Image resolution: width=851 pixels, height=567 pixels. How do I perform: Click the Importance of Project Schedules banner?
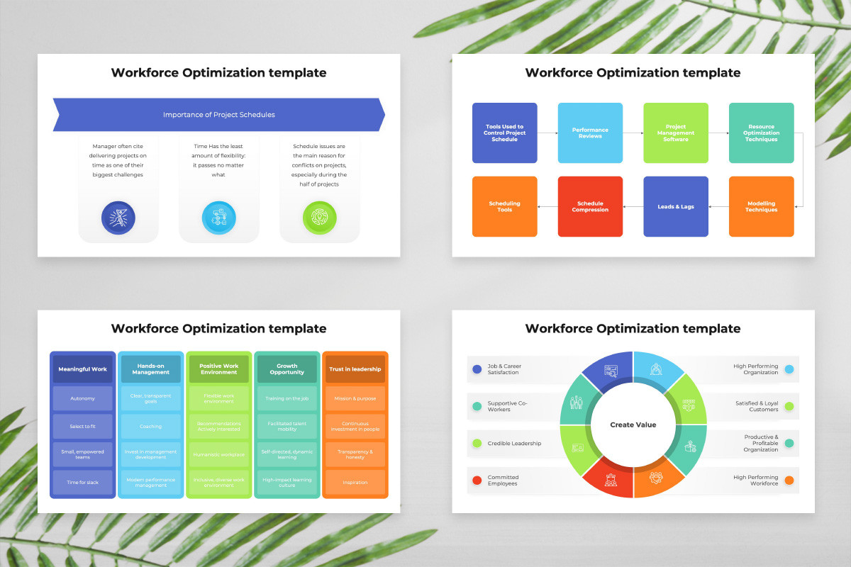[218, 115]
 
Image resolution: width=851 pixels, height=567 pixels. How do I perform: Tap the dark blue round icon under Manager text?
[118, 218]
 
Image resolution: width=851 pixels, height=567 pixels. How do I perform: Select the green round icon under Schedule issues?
[319, 218]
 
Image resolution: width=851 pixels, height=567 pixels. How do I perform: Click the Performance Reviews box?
[590, 133]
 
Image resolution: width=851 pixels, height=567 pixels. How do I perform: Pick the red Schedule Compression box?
[590, 206]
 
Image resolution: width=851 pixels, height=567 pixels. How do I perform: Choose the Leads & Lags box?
[676, 206]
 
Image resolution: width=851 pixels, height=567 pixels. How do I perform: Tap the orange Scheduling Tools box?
[504, 206]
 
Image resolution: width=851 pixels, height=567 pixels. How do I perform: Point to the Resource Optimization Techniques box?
[761, 133]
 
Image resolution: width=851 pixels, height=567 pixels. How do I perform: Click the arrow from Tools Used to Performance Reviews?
[547, 133]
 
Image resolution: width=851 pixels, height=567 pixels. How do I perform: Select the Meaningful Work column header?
[83, 369]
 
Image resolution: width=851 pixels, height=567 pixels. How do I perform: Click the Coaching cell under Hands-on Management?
[151, 426]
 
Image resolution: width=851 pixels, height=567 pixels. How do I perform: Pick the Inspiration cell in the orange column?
[355, 482]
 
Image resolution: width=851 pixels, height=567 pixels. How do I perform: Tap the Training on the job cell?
[287, 398]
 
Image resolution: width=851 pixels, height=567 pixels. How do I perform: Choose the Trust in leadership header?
[355, 369]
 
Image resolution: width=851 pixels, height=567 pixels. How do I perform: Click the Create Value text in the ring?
[633, 425]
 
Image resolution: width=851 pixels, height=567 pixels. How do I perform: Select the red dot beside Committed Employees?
[477, 481]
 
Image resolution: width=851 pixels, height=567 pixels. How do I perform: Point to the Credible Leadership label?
[514, 444]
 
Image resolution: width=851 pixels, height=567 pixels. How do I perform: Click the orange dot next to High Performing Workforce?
[789, 481]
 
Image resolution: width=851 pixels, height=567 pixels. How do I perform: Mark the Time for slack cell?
[83, 482]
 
